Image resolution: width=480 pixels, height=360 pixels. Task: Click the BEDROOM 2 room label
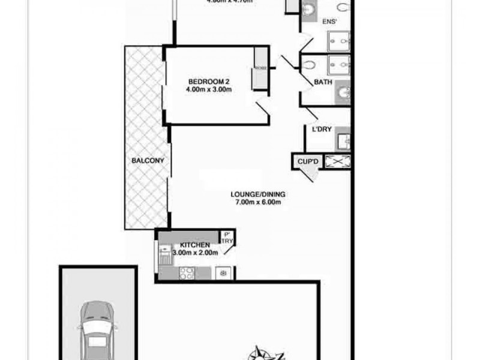(x=209, y=82)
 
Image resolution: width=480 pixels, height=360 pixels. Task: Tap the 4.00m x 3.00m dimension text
(x=209, y=90)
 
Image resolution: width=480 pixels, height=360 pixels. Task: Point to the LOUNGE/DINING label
(x=259, y=194)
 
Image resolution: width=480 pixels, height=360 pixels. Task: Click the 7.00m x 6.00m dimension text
(x=259, y=202)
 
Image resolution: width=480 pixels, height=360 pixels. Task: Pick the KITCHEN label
(x=194, y=245)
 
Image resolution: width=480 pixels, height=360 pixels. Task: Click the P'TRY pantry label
(x=227, y=238)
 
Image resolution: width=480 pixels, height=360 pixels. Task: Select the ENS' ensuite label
(x=330, y=22)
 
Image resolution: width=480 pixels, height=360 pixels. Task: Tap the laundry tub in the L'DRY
(x=343, y=141)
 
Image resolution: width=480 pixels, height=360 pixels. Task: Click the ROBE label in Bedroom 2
(x=260, y=68)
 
